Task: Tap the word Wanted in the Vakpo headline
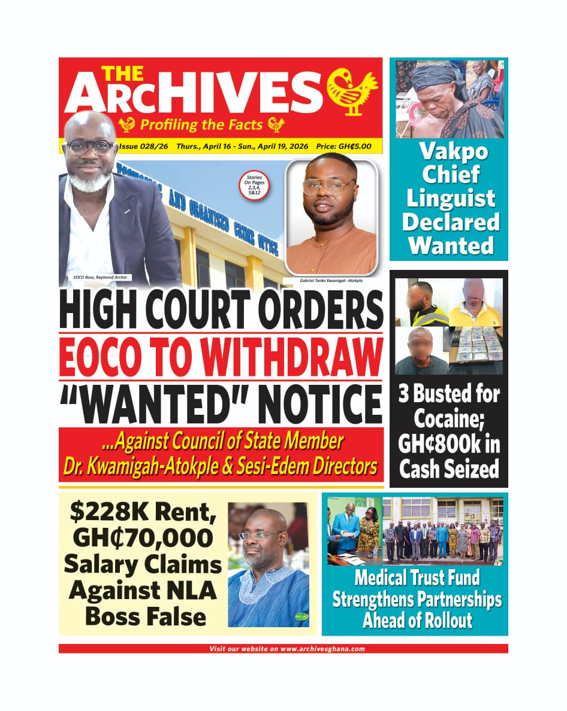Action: pos(449,245)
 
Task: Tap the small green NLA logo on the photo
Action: pos(300,616)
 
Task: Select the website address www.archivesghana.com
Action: pos(322,649)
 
